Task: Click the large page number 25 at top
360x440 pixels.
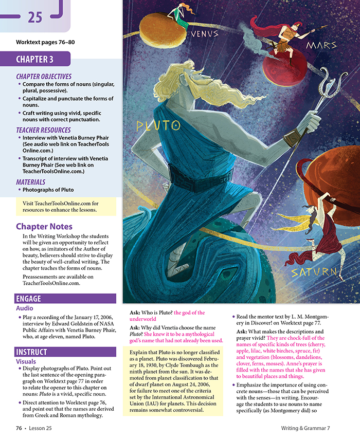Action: click(35, 17)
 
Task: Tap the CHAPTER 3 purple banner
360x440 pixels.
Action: click(34, 59)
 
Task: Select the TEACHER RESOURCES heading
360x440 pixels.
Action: click(43, 130)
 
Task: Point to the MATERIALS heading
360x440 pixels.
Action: click(30, 182)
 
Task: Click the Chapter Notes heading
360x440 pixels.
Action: click(44, 226)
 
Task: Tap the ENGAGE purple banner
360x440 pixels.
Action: click(29, 298)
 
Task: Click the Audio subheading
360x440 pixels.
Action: click(25, 308)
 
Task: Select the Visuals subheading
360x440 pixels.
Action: click(26, 361)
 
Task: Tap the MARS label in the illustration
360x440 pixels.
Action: click(321, 46)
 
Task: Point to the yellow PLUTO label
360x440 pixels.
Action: click(158, 125)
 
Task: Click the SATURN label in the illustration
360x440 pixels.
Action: click(314, 272)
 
